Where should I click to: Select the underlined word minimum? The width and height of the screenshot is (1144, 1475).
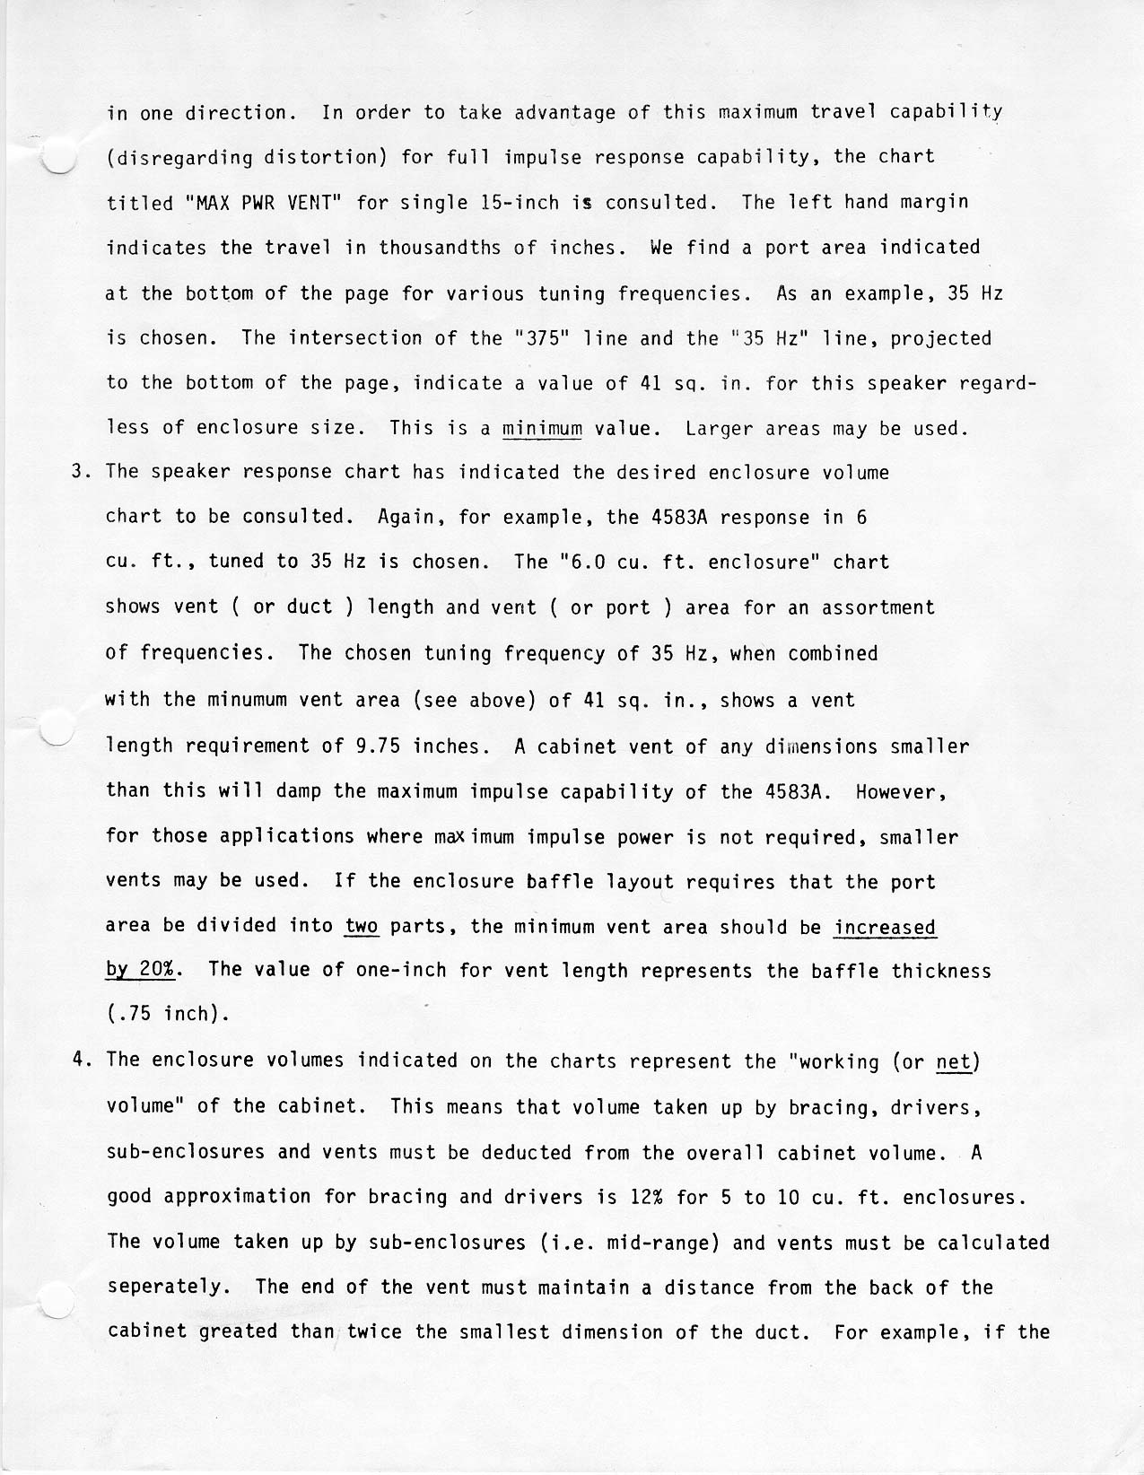[542, 428]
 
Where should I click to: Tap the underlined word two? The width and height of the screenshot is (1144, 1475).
[362, 926]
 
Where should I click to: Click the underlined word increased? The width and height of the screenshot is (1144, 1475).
[885, 926]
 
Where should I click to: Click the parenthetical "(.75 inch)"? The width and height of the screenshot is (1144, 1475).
[168, 1015]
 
